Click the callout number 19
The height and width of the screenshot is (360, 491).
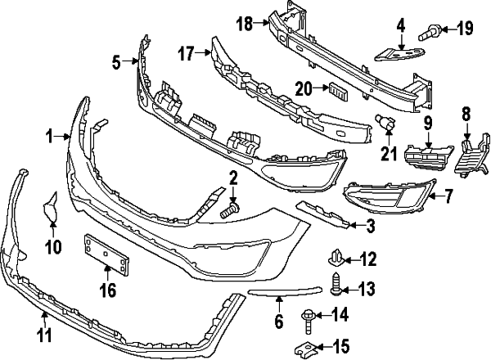point(465,30)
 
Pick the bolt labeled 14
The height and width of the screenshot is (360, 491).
point(310,315)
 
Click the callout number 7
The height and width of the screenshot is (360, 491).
point(448,196)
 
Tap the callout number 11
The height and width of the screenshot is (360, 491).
point(44,334)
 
